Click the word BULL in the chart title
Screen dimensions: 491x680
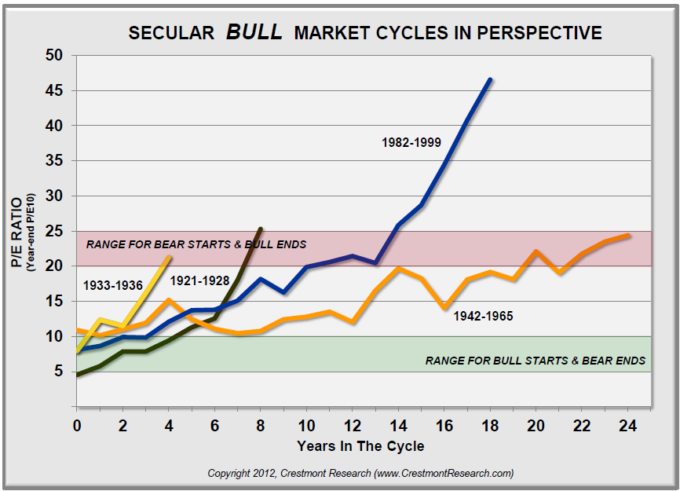255,32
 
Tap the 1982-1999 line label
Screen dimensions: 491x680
411,142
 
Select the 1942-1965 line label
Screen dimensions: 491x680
482,316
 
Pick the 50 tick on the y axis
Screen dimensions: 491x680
53,56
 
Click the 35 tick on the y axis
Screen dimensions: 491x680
53,161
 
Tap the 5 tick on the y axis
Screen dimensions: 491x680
57,372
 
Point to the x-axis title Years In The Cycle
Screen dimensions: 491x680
360,446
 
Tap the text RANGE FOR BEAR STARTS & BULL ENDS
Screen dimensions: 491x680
196,244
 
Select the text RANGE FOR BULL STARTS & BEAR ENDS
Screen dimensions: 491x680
536,361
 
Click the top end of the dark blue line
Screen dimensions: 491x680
490,79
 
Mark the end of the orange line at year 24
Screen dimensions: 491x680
628,235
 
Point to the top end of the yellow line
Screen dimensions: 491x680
169,257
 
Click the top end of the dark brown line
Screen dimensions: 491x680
260,229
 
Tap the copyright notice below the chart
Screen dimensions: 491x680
360,473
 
